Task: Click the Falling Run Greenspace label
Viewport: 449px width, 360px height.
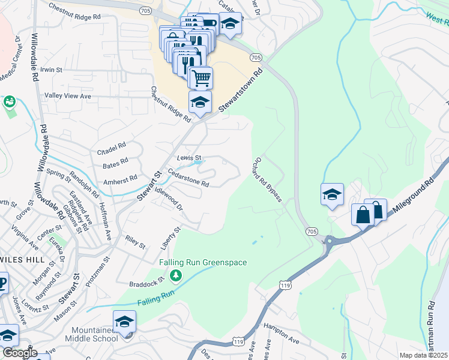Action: [203, 262]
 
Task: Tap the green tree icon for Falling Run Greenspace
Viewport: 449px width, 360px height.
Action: [176, 275]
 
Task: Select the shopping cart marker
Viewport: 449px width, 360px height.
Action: [201, 77]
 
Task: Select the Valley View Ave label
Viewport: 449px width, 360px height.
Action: [68, 96]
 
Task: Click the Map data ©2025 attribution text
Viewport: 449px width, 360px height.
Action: [424, 355]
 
